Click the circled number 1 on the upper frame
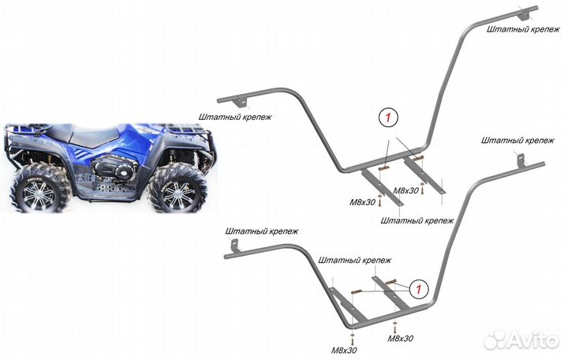coord(387,117)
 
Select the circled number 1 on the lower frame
coord(420,288)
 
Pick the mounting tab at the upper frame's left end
coord(239,99)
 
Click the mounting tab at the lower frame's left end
coord(234,247)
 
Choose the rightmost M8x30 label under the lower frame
coord(401,338)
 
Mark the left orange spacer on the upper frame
coord(384,167)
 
